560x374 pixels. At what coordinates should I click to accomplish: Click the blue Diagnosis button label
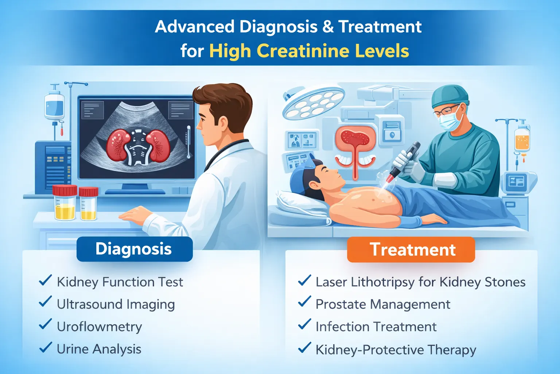coord(134,249)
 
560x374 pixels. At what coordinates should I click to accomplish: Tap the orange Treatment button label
coord(412,250)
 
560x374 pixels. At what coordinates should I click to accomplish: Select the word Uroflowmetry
coord(99,327)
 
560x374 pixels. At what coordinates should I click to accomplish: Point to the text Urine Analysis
coord(99,349)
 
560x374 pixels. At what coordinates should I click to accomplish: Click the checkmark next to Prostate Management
coord(304,302)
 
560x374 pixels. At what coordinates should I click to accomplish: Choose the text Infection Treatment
coord(376,327)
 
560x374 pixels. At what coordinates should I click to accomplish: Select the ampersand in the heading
coord(328,27)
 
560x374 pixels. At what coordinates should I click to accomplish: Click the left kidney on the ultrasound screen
coord(118,145)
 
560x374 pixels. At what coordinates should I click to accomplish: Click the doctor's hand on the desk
coord(136,213)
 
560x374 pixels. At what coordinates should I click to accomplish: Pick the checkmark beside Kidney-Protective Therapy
coord(304,348)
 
